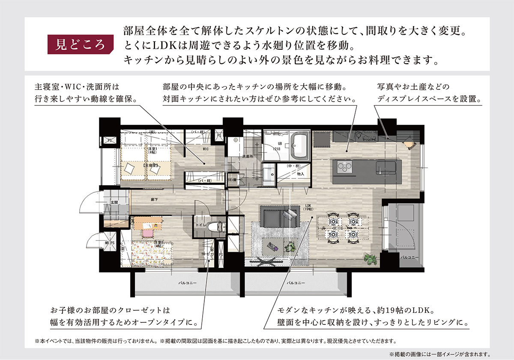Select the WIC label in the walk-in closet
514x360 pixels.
click(x=206, y=149)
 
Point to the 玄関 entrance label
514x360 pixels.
click(x=114, y=202)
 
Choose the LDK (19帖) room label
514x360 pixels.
click(x=308, y=207)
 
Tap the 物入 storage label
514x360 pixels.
click(x=300, y=174)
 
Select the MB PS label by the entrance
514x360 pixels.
click(x=110, y=243)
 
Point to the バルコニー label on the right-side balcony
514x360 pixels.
click(x=407, y=258)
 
